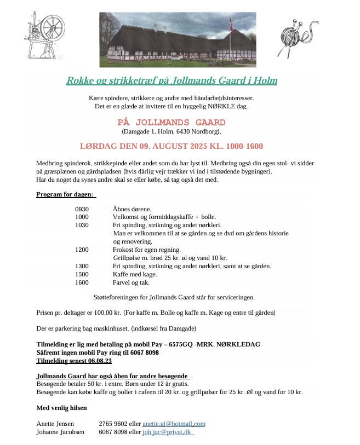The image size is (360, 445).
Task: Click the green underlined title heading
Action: click(x=172, y=81)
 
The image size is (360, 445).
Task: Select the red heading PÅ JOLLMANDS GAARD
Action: click(x=171, y=122)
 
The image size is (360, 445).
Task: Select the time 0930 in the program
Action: click(x=82, y=209)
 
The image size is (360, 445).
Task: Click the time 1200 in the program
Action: click(x=82, y=249)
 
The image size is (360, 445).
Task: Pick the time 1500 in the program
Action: click(x=82, y=274)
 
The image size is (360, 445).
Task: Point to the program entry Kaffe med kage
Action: click(x=134, y=274)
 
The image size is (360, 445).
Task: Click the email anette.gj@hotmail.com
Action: click(x=174, y=424)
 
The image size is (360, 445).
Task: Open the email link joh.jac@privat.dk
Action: click(x=168, y=432)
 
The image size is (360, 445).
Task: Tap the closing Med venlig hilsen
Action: click(x=61, y=408)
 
